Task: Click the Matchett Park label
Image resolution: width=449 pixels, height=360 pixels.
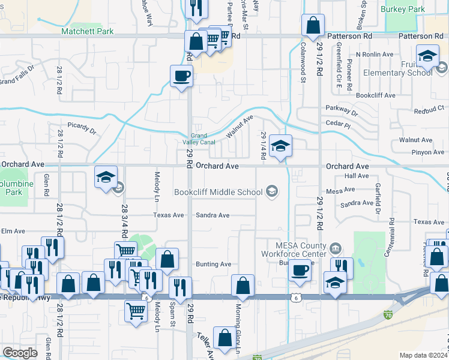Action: point(87,31)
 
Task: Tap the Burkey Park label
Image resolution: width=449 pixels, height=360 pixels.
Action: point(405,9)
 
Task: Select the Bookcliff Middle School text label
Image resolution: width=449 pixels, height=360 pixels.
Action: point(218,192)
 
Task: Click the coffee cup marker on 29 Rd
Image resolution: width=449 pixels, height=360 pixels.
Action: point(182,77)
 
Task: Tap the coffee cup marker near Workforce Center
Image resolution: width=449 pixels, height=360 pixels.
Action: point(300,269)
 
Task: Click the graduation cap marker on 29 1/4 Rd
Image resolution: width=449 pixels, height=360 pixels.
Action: point(280,146)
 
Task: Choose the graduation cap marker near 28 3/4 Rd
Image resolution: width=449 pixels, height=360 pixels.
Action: point(106,178)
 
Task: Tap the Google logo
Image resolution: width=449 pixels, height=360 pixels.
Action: point(20,353)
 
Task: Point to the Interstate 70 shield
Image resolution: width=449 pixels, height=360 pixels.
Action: point(388,314)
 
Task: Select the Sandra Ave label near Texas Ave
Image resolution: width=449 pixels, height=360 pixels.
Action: point(213,215)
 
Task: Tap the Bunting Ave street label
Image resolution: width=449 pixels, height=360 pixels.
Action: point(213,264)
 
